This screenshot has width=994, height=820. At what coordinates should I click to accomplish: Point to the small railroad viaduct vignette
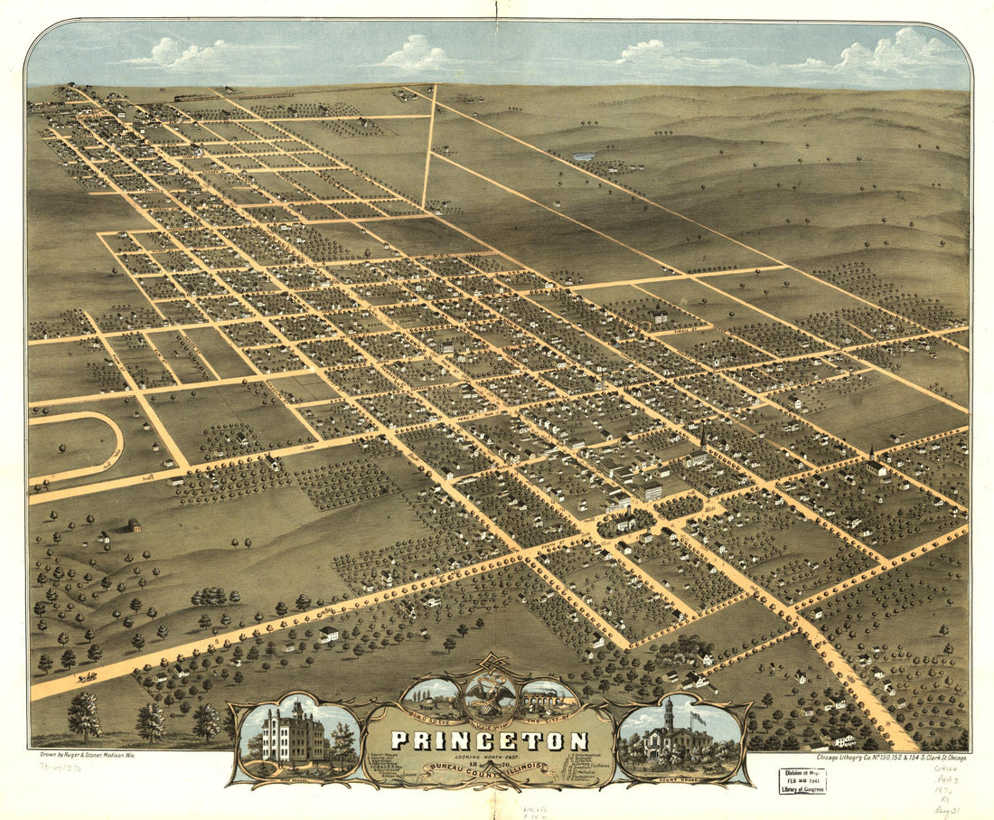click(547, 699)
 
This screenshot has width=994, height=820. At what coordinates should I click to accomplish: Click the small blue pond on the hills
click(584, 157)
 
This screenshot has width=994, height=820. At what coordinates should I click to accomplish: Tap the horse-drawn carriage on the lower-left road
click(88, 676)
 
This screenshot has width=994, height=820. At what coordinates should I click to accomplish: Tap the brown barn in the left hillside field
click(133, 525)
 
